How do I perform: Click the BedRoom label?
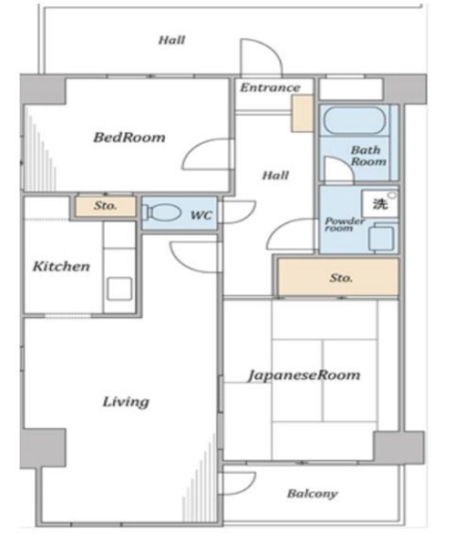(129, 137)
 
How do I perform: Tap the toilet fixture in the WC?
(162, 212)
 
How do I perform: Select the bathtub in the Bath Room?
(354, 120)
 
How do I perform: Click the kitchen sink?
(119, 289)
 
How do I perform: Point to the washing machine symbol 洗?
(380, 204)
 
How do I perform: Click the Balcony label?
(312, 494)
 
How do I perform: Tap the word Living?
(126, 402)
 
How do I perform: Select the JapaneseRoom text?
(304, 375)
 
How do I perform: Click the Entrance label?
(270, 88)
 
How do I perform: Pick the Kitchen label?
(62, 266)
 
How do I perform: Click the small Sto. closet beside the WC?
(105, 206)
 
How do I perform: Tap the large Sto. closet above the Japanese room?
(339, 277)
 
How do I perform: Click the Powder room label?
(344, 224)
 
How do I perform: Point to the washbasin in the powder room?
(381, 237)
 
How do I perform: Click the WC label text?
(202, 216)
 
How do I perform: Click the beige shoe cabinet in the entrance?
(302, 114)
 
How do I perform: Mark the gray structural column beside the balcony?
(399, 447)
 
